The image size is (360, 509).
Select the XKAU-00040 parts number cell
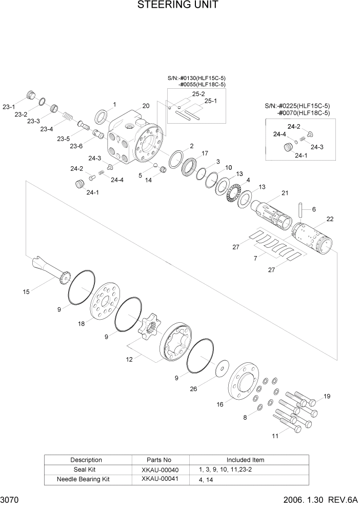click(160, 469)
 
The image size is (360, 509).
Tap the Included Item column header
click(245, 460)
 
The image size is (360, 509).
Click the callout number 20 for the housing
click(146, 106)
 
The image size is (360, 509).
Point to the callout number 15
click(26, 292)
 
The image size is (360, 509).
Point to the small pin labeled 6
click(301, 210)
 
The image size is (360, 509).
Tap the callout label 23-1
click(9, 107)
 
